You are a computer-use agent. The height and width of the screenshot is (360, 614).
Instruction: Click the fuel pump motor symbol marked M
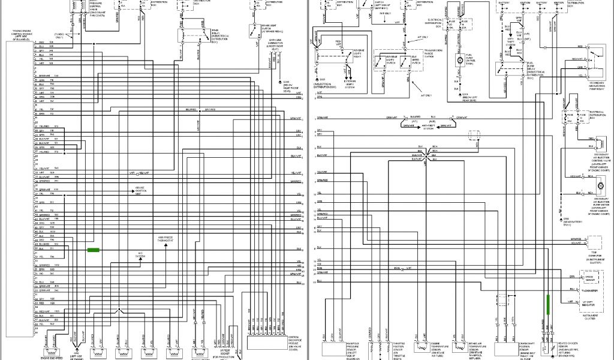click(x=460, y=60)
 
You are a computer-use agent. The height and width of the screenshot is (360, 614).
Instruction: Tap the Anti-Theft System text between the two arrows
click(x=428, y=127)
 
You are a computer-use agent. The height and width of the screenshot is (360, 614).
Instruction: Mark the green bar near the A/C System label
click(x=93, y=250)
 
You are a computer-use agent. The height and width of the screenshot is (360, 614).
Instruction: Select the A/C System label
click(x=141, y=255)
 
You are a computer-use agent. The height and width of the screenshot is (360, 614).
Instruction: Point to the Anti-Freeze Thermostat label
click(x=165, y=239)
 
